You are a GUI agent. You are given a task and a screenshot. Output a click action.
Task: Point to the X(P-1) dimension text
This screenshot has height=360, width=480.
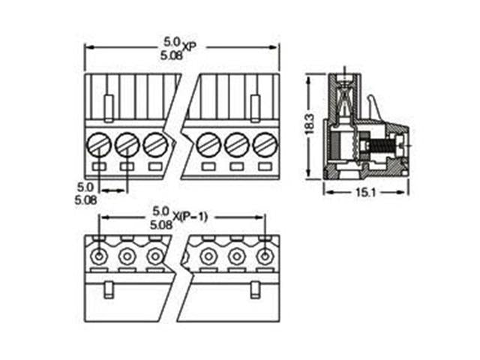[x=190, y=217]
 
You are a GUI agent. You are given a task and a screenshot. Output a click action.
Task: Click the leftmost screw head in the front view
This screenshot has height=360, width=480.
[x=99, y=142]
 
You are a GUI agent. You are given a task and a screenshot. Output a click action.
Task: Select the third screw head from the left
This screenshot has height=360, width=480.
[x=154, y=142]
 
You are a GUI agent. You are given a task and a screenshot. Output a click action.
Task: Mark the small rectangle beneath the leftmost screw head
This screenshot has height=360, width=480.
[x=99, y=166]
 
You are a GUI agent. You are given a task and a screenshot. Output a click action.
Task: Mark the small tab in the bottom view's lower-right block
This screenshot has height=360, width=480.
[x=255, y=288]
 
